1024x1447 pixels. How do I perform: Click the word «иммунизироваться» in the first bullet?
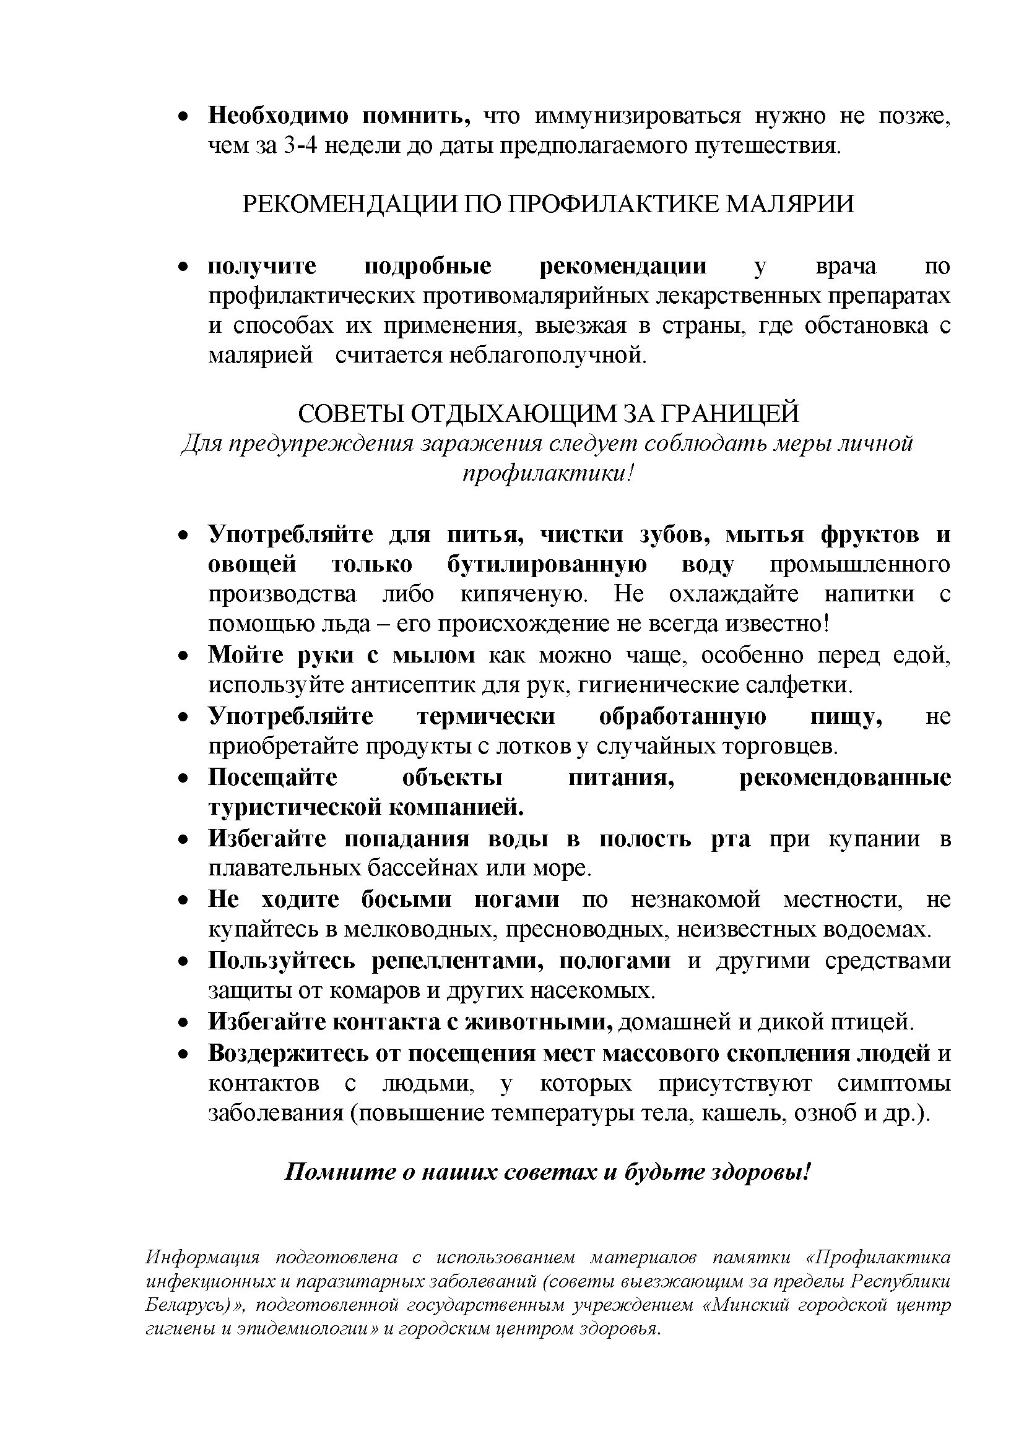638,117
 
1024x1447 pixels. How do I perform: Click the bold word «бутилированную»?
547,564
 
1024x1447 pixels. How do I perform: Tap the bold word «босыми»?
406,900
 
